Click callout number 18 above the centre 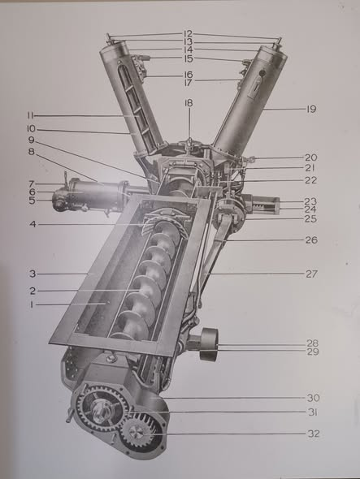pyautogui.click(x=189, y=103)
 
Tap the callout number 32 pyautogui.click(x=314, y=434)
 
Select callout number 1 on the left pyautogui.click(x=31, y=304)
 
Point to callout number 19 pyautogui.click(x=311, y=109)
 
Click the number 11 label pyautogui.click(x=30, y=115)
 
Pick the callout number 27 pyautogui.click(x=312, y=274)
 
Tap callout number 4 pyautogui.click(x=33, y=224)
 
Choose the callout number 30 pyautogui.click(x=313, y=398)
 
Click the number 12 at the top pyautogui.click(x=188, y=33)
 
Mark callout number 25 pyautogui.click(x=310, y=218)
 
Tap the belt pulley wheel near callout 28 pyautogui.click(x=209, y=344)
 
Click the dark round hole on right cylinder pyautogui.click(x=262, y=73)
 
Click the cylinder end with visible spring pyautogui.click(x=266, y=205)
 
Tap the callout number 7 pyautogui.click(x=32, y=184)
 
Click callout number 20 pyautogui.click(x=310, y=158)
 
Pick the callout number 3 pyautogui.click(x=33, y=274)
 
